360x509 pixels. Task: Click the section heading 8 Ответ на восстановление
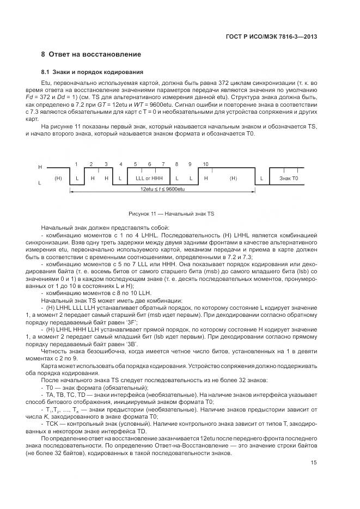(x=91, y=54)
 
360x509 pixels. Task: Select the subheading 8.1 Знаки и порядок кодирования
(x=92, y=72)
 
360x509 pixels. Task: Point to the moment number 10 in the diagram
(x=205, y=164)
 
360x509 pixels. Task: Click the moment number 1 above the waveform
(x=77, y=164)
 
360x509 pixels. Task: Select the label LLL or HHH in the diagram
(x=149, y=178)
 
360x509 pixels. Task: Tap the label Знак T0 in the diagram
(x=289, y=178)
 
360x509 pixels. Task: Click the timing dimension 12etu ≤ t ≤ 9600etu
(x=163, y=189)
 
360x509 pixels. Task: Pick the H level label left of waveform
(x=40, y=167)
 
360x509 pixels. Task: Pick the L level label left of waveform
(x=40, y=183)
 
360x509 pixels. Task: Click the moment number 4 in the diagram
(x=120, y=164)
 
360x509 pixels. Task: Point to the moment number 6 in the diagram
(x=149, y=164)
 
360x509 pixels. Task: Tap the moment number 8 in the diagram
(x=176, y=164)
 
